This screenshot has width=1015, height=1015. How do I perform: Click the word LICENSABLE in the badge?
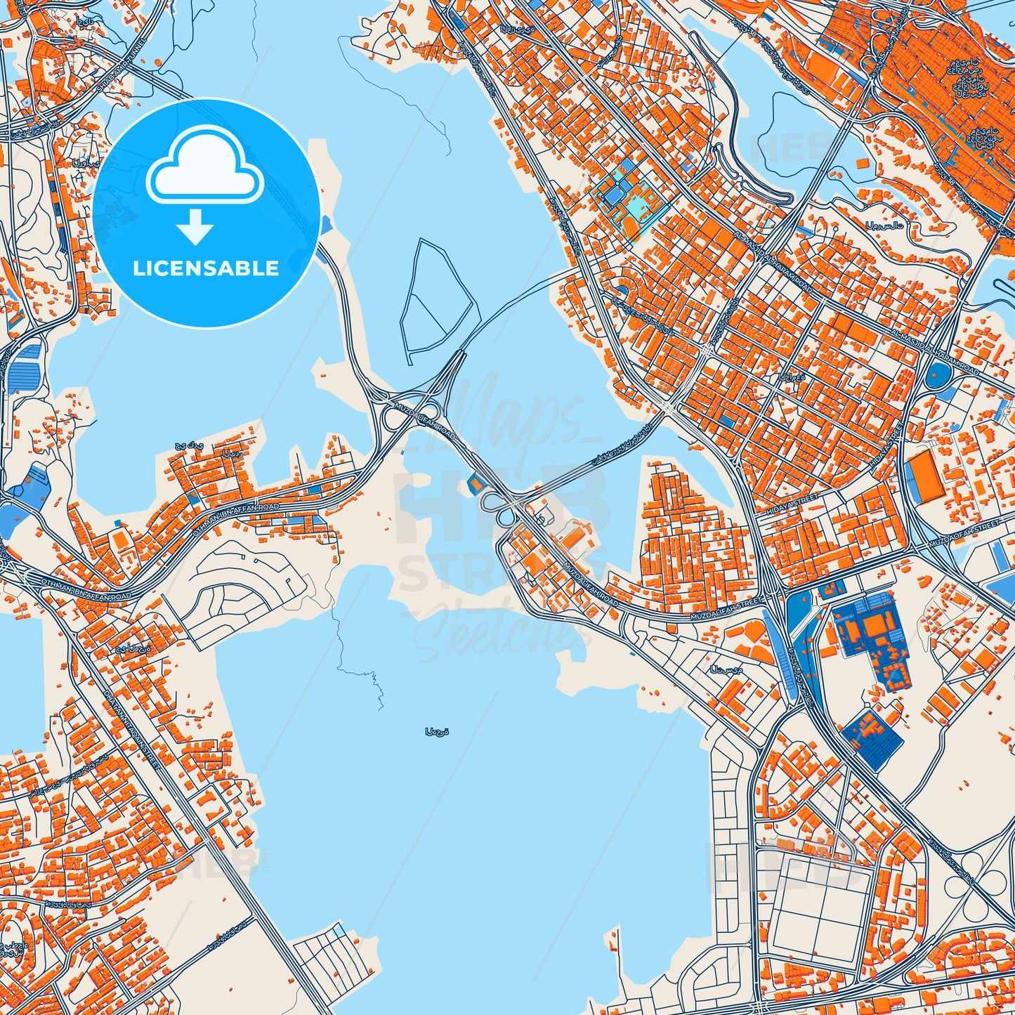point(206,268)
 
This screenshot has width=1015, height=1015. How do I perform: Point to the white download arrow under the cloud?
point(195,228)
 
